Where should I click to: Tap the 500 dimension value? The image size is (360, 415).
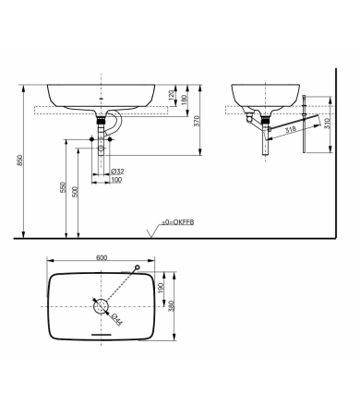coord(78,192)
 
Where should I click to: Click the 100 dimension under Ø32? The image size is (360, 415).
coord(116,181)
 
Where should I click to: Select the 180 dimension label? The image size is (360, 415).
coord(185,99)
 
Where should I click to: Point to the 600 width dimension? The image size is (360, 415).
coord(102,259)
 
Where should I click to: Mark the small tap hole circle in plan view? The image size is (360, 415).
coord(137,268)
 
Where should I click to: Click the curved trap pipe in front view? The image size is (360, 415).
coord(115,126)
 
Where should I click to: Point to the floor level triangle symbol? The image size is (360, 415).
coord(151,231)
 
